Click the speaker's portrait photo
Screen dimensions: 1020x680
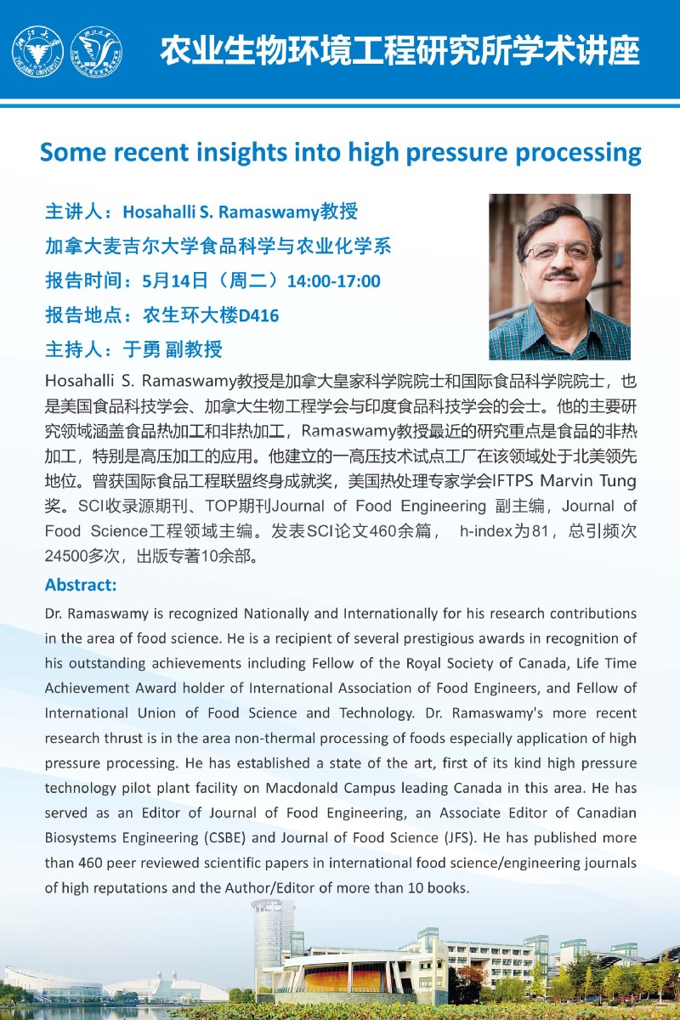[x=559, y=276]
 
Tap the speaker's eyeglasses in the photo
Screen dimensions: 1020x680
[x=560, y=251]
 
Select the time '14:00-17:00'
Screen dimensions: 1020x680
[x=334, y=281]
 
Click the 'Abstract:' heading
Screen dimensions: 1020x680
[x=81, y=585]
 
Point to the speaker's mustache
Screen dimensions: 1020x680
[x=562, y=274]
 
